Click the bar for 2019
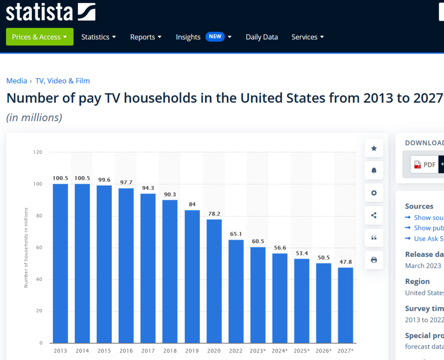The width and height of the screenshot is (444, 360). (192, 276)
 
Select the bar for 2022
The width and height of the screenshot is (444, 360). (236, 291)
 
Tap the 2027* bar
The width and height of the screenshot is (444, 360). (346, 305)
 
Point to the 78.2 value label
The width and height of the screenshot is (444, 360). (214, 214)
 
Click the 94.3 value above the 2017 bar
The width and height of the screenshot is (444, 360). (148, 188)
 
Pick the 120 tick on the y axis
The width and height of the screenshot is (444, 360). (38, 152)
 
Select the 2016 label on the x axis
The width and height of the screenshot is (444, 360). (126, 351)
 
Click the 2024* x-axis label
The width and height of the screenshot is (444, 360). (280, 351)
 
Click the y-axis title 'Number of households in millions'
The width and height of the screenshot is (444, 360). (26, 247)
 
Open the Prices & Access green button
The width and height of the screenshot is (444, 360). (40, 37)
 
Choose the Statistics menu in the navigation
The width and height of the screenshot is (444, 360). (98, 37)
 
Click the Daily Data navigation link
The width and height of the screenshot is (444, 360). (262, 37)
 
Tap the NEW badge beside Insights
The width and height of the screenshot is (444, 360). (215, 37)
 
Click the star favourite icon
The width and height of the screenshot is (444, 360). (374, 148)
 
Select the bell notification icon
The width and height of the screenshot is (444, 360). (374, 171)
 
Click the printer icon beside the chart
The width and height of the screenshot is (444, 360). (374, 260)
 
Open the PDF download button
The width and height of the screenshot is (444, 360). (424, 165)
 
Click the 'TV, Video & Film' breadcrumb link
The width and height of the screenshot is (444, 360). (62, 81)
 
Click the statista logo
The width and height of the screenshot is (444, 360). (51, 12)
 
